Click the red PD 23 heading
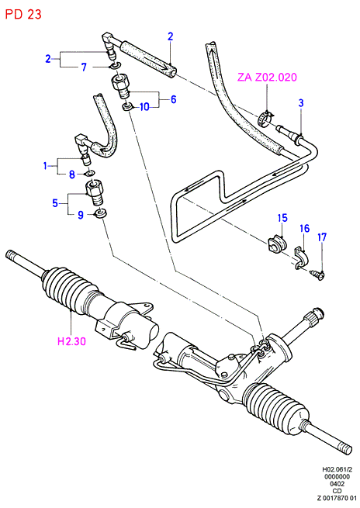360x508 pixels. pos(23,14)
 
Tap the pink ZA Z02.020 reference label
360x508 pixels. pos(267,77)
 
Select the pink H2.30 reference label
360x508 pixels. pos(71,340)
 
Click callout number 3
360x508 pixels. pos(301,103)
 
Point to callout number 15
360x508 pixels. pos(282,218)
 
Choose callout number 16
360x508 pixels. pos(305,228)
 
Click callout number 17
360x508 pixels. pos(322,237)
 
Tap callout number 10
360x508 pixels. pos(144,106)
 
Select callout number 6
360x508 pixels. pos(173,99)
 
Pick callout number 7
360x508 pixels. pos(84,67)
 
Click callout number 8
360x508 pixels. pos(72,175)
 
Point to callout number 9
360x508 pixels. pos(81,215)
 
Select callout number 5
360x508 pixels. pos(55,203)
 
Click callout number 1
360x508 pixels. pos(45,166)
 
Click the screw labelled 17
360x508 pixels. pos(317,275)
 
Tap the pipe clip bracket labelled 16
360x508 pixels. pos(303,258)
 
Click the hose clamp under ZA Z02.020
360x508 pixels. pos(266,119)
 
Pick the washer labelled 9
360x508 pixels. pos(100,214)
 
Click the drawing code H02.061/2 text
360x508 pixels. pos(337,469)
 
